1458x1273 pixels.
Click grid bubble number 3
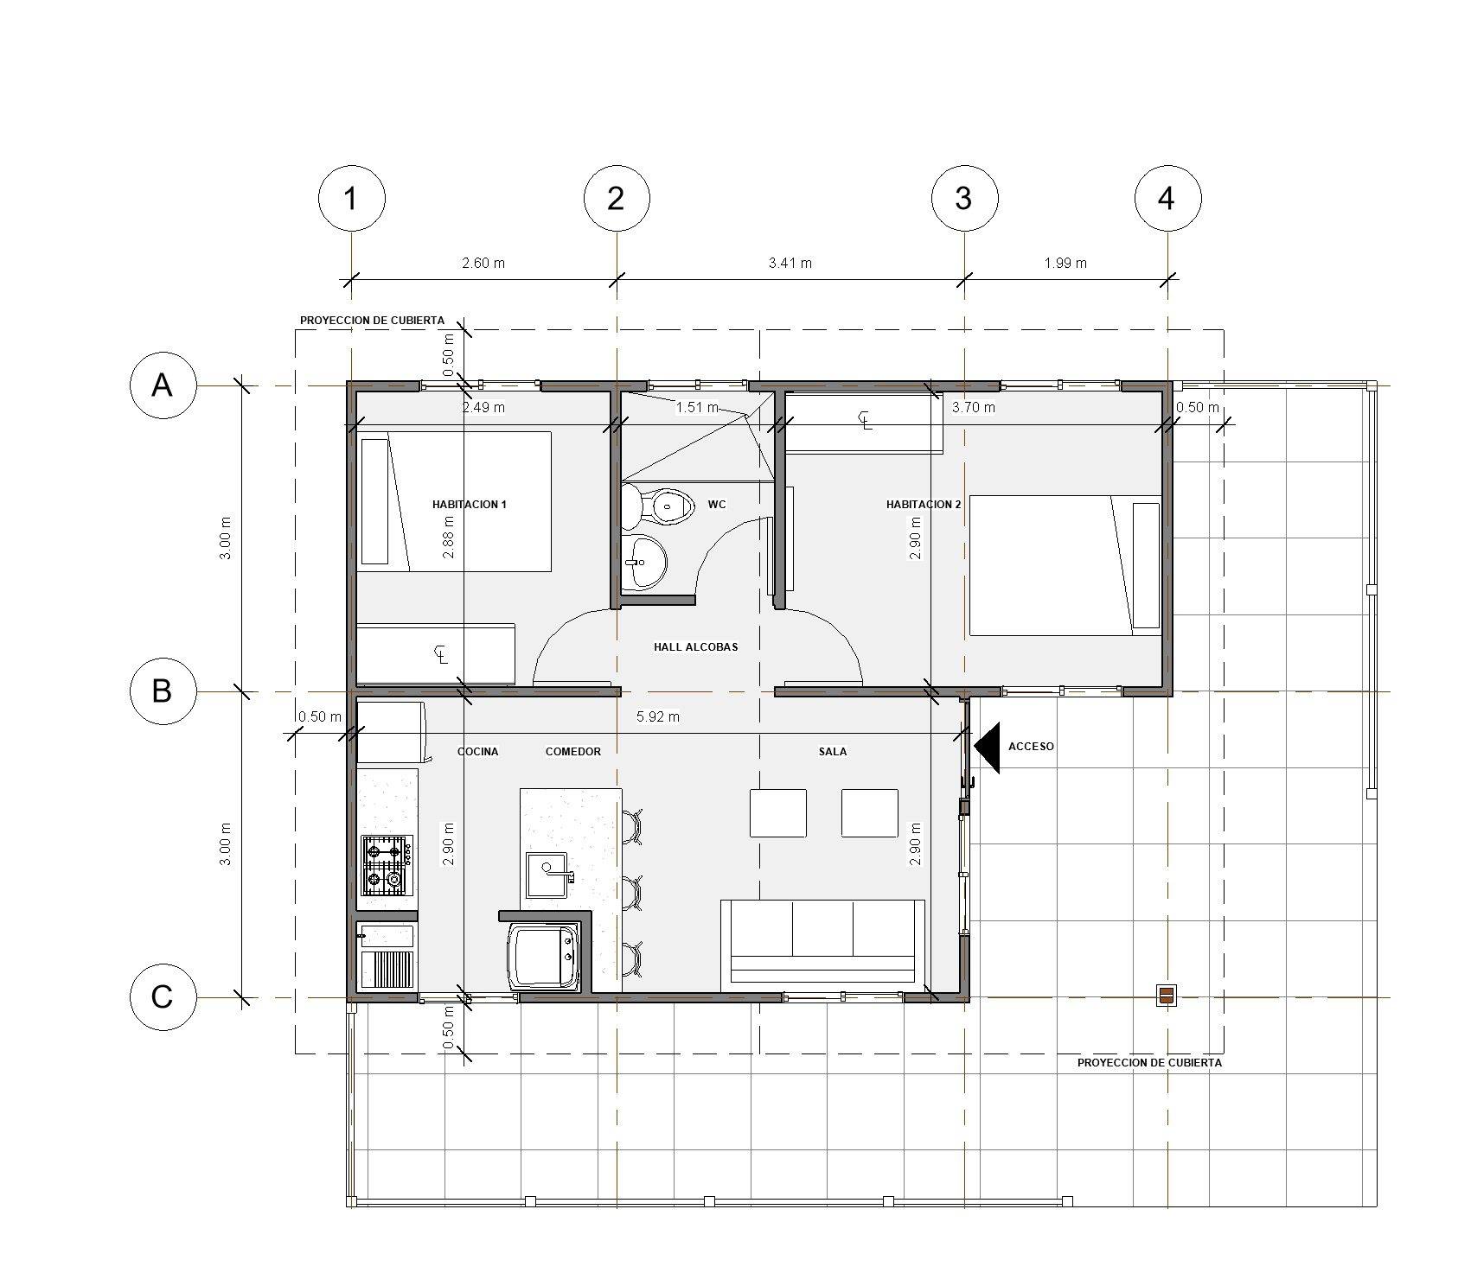pyautogui.click(x=964, y=198)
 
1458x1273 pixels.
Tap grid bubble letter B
pyautogui.click(x=163, y=691)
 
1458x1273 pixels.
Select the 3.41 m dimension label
pyautogui.click(x=790, y=263)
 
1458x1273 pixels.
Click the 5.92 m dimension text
pyautogui.click(x=658, y=716)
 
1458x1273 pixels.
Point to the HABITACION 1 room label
pyautogui.click(x=470, y=504)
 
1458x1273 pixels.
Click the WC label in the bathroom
pyautogui.click(x=717, y=504)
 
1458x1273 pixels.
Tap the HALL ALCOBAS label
pyautogui.click(x=696, y=646)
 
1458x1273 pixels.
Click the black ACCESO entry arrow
pyautogui.click(x=987, y=747)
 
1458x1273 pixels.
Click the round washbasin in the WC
pyautogui.click(x=644, y=562)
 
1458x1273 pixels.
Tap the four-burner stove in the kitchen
pyautogui.click(x=387, y=865)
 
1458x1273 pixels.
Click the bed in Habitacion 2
pyautogui.click(x=1065, y=565)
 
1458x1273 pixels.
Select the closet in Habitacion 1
pyautogui.click(x=437, y=653)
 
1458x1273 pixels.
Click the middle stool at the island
pyautogui.click(x=634, y=891)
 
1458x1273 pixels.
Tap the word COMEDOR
pyautogui.click(x=573, y=752)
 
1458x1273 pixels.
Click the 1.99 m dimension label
pyautogui.click(x=1065, y=263)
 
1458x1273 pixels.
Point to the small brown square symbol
pyautogui.click(x=1166, y=996)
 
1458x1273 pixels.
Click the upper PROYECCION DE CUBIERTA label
pyautogui.click(x=373, y=321)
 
